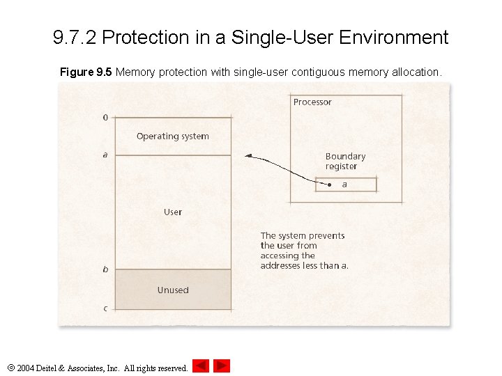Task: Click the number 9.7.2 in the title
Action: click(x=75, y=37)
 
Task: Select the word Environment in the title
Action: click(x=394, y=37)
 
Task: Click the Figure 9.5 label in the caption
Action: click(x=86, y=72)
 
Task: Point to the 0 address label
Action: click(x=105, y=118)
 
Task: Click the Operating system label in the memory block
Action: click(x=172, y=136)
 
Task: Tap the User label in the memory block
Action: click(x=173, y=212)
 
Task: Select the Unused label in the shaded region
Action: click(x=173, y=290)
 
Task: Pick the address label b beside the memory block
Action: click(x=105, y=269)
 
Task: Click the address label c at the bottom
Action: click(x=105, y=308)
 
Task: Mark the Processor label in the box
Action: click(x=312, y=102)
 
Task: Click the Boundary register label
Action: click(x=345, y=162)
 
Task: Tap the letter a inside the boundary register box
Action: click(x=344, y=185)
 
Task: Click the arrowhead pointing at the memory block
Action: click(x=248, y=155)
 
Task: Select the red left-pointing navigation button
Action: click(x=201, y=366)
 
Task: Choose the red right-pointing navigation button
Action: click(x=222, y=366)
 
